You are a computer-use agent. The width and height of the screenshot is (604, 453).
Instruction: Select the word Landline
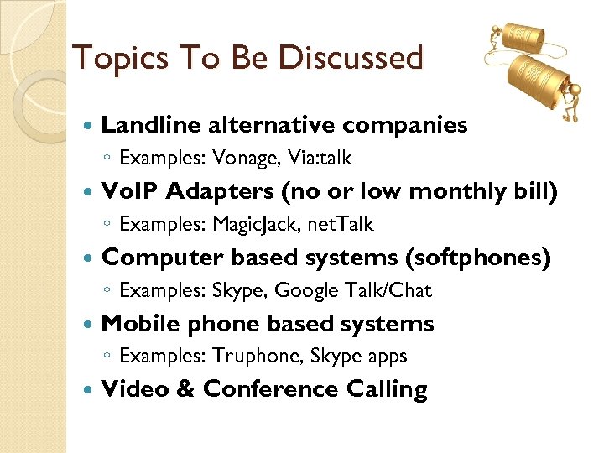(150, 125)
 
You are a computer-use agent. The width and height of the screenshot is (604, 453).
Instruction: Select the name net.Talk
(341, 224)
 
